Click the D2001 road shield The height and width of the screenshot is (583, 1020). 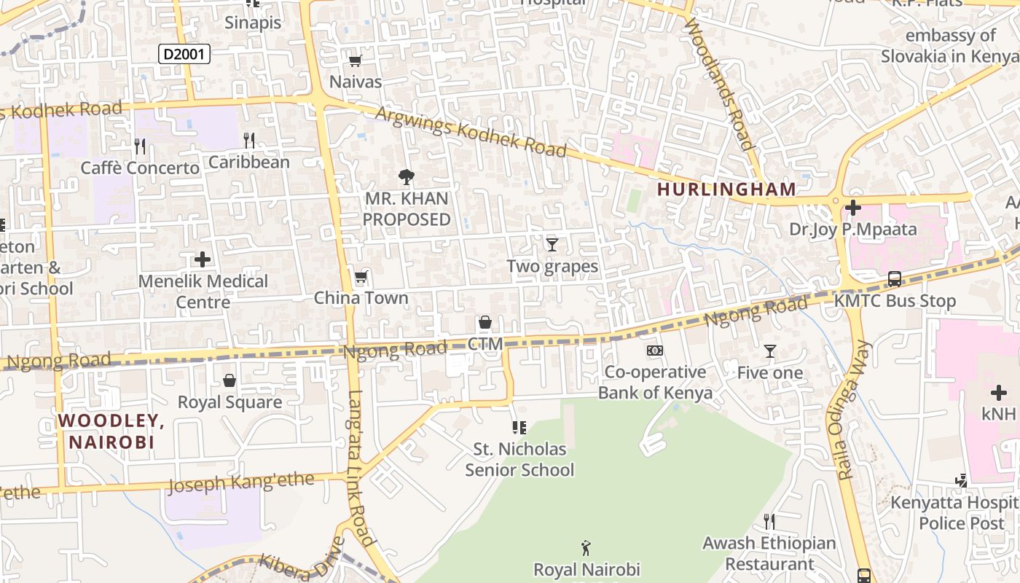click(184, 54)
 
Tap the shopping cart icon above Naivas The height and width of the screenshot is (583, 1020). click(356, 61)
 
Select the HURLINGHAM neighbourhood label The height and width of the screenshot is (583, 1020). click(726, 189)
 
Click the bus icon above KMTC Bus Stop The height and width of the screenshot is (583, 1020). click(894, 279)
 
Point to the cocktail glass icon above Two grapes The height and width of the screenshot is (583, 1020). click(552, 245)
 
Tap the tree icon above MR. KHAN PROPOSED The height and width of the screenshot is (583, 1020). click(407, 176)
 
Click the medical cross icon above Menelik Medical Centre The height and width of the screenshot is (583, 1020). click(203, 259)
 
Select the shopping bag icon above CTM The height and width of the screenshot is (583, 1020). click(485, 323)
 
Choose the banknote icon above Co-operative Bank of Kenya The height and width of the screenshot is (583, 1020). click(655, 351)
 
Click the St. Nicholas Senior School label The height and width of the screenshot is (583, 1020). click(519, 459)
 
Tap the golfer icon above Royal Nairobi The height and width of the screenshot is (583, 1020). click(586, 548)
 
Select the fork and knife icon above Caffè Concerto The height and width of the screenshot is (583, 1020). click(140, 146)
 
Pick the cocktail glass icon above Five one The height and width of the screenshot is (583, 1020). click(770, 352)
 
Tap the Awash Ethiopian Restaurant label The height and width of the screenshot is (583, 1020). click(769, 553)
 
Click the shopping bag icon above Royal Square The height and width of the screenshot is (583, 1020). click(229, 380)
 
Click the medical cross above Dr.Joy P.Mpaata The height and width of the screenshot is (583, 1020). click(853, 208)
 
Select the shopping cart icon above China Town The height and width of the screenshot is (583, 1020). click(361, 277)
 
